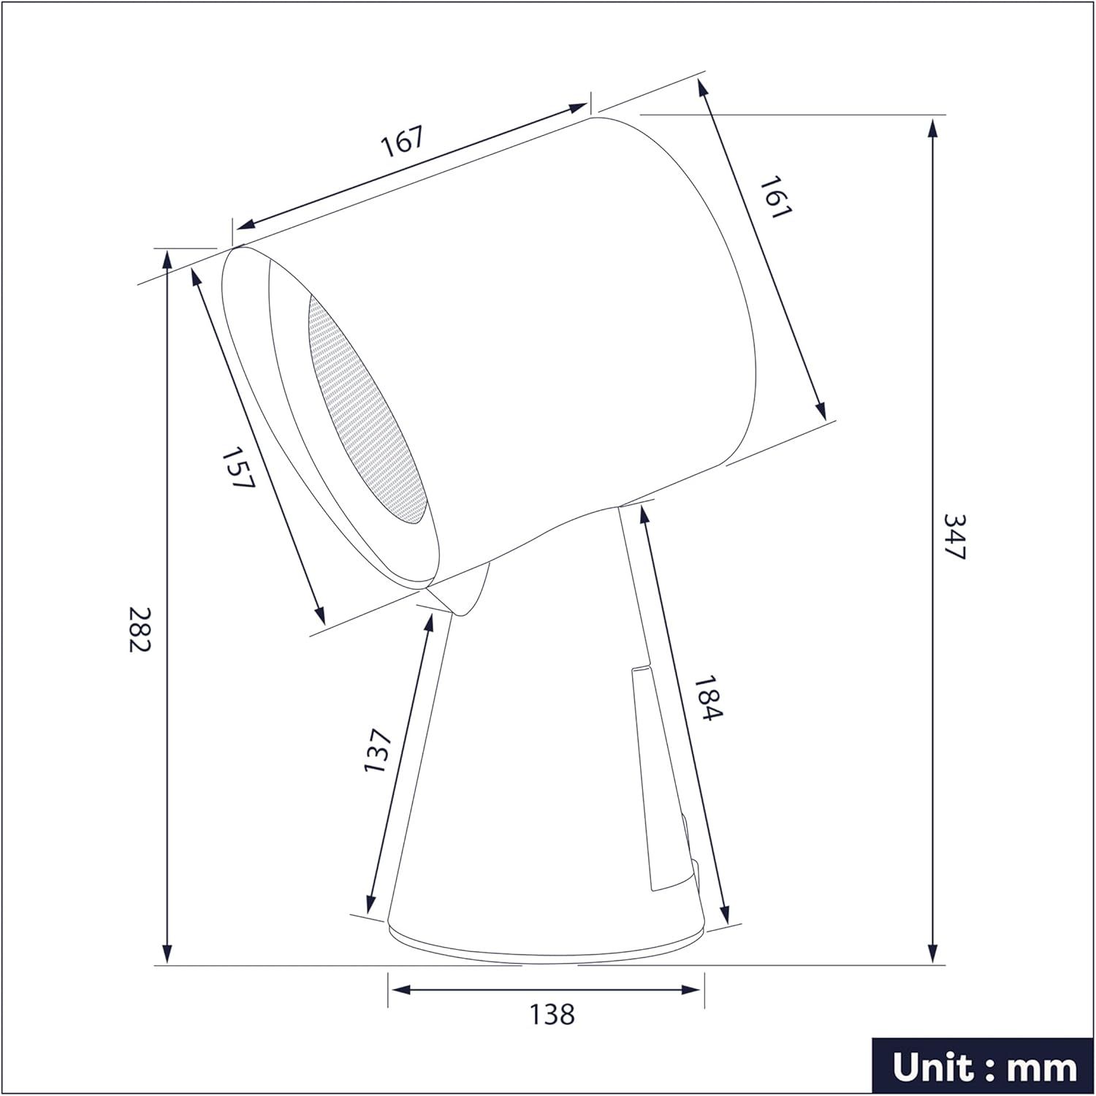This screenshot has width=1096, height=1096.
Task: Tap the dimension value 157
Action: (237, 468)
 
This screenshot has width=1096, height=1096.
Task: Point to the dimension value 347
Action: (955, 536)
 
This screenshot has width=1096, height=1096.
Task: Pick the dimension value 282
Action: (140, 630)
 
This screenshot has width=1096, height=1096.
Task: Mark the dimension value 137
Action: (378, 750)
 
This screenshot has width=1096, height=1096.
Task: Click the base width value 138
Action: (553, 1014)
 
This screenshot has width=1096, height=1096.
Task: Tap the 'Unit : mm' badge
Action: (983, 1068)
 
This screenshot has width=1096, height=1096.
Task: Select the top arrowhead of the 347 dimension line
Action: (932, 130)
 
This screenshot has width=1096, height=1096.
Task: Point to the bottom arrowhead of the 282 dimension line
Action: (168, 954)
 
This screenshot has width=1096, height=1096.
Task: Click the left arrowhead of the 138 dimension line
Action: (399, 989)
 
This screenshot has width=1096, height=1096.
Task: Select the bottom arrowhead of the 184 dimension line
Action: (724, 914)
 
